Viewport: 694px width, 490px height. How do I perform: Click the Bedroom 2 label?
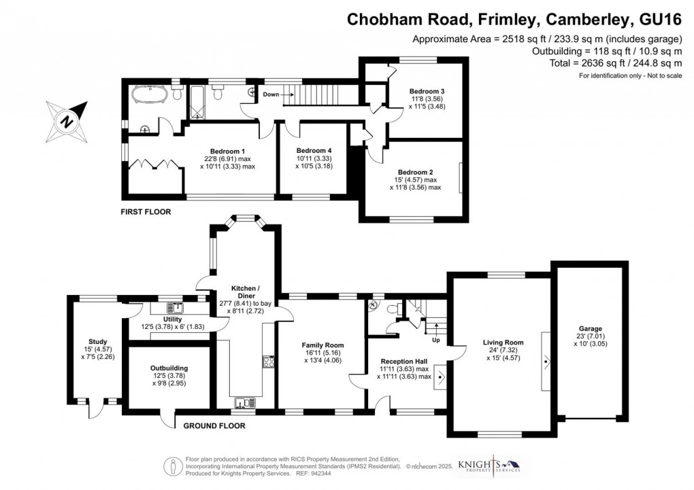pyautogui.click(x=415, y=172)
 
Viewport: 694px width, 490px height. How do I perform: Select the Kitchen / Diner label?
pyautogui.click(x=244, y=294)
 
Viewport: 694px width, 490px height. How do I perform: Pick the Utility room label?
pyautogui.click(x=173, y=319)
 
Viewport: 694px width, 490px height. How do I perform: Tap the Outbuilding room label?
pyautogui.click(x=169, y=368)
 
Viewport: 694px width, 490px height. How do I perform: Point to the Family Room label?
pyautogui.click(x=320, y=345)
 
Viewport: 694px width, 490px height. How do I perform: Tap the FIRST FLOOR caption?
pyautogui.click(x=146, y=212)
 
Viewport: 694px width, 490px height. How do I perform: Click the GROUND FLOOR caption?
pyautogui.click(x=214, y=426)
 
